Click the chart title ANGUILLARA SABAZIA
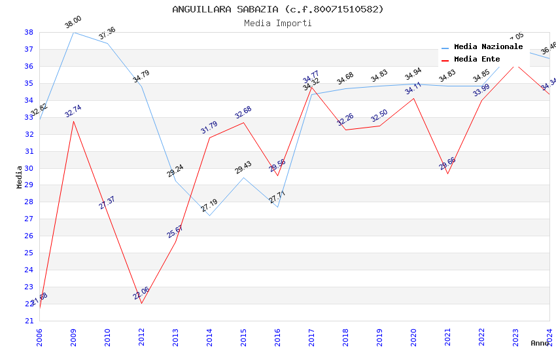point(278,9)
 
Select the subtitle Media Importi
point(278,24)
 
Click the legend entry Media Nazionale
point(488,46)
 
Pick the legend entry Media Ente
point(477,59)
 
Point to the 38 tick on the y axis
point(29,32)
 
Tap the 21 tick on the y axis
point(29,321)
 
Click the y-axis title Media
point(20,177)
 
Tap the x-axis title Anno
point(540,343)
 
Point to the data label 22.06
point(141,293)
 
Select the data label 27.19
point(209,206)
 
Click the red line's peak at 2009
point(73,121)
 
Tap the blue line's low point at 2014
point(209,215)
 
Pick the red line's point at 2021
point(447,173)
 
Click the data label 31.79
point(209,128)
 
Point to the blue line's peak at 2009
point(73,32)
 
